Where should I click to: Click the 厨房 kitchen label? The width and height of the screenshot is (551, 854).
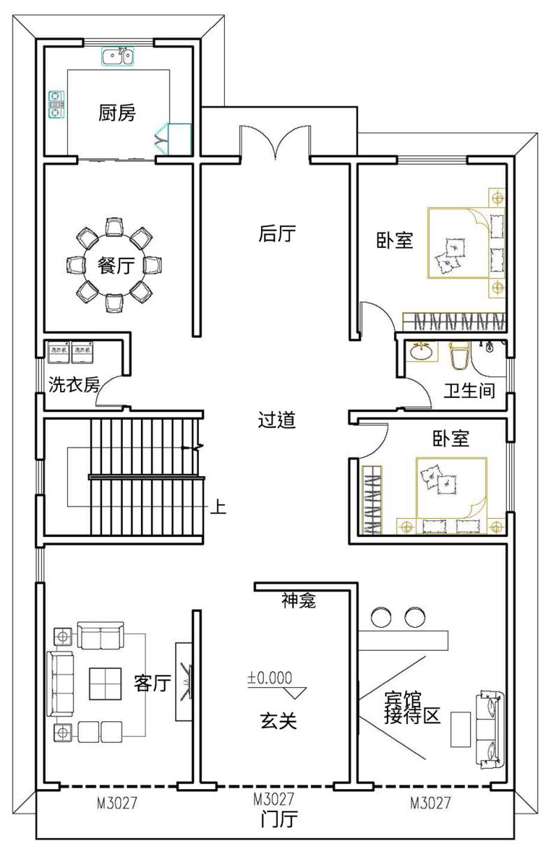click(x=117, y=112)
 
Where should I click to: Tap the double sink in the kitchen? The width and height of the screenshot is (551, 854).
click(x=117, y=55)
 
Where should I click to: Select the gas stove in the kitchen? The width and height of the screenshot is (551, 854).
click(x=55, y=104)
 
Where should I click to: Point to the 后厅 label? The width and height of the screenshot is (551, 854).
click(x=277, y=234)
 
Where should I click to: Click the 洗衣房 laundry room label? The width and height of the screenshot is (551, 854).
click(x=73, y=385)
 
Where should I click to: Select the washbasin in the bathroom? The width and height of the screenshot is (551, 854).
click(x=420, y=352)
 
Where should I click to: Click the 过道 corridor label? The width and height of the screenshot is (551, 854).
click(x=277, y=420)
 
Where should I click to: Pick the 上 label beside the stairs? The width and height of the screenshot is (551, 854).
click(x=219, y=506)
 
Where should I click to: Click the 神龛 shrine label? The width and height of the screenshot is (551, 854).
click(x=299, y=600)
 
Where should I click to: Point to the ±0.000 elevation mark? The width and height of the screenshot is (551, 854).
click(x=269, y=677)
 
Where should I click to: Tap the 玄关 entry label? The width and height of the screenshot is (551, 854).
click(x=279, y=721)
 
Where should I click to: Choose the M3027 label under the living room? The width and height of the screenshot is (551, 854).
click(x=117, y=803)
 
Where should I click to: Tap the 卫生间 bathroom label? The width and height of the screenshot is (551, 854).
click(x=469, y=390)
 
